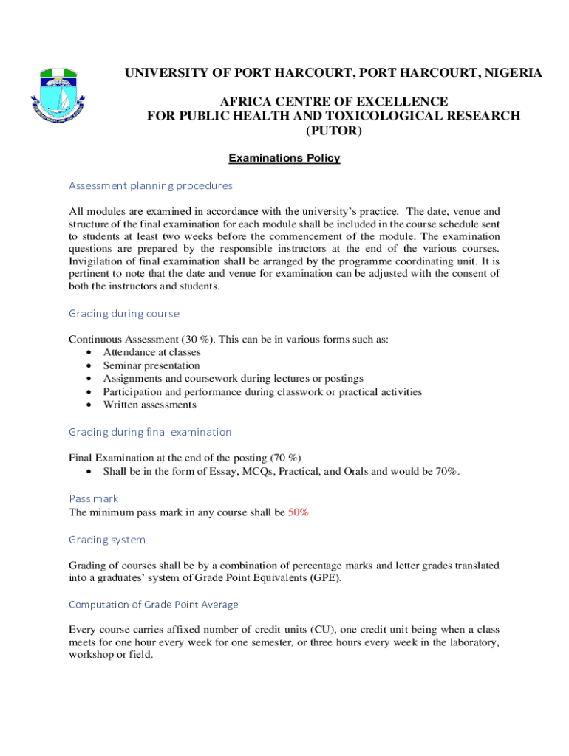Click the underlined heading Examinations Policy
pos(284,159)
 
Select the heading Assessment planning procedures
pos(151,185)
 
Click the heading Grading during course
pos(124,314)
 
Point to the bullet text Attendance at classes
pos(151,353)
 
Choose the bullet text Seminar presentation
pos(151,366)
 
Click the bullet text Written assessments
pos(150,405)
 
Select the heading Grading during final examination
pos(150,432)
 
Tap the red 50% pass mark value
pos(299,512)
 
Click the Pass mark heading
pos(93,498)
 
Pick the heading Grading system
pos(107,540)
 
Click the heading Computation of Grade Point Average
pos(154,605)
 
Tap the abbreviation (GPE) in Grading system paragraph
pos(325,578)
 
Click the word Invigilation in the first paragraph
pos(95,261)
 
